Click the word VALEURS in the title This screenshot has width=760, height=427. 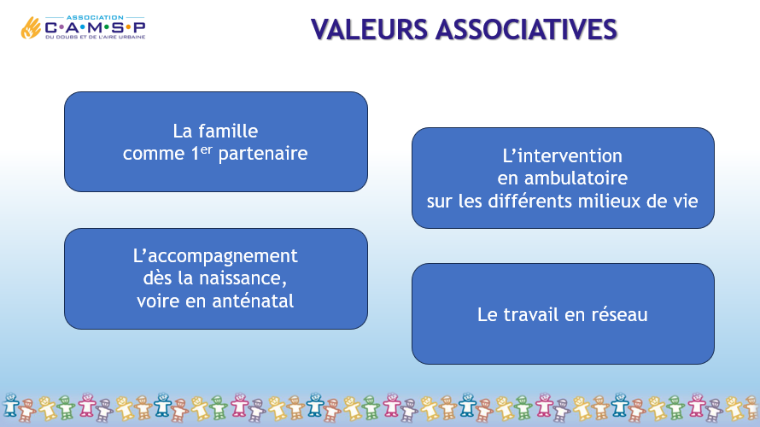click(369, 29)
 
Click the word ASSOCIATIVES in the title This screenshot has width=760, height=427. click(526, 29)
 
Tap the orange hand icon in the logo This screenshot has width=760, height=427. click(31, 27)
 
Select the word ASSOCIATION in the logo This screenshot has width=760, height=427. click(95, 17)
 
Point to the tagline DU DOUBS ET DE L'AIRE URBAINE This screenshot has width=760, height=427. click(96, 37)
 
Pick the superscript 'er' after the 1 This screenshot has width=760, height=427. click(207, 149)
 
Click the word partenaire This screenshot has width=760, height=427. click(263, 154)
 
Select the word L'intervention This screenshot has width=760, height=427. click(562, 156)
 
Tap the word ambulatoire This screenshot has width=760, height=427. click(576, 178)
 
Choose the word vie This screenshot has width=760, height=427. click(686, 202)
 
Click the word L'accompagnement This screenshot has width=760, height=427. click(215, 256)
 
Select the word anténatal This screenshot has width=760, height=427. click(253, 301)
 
